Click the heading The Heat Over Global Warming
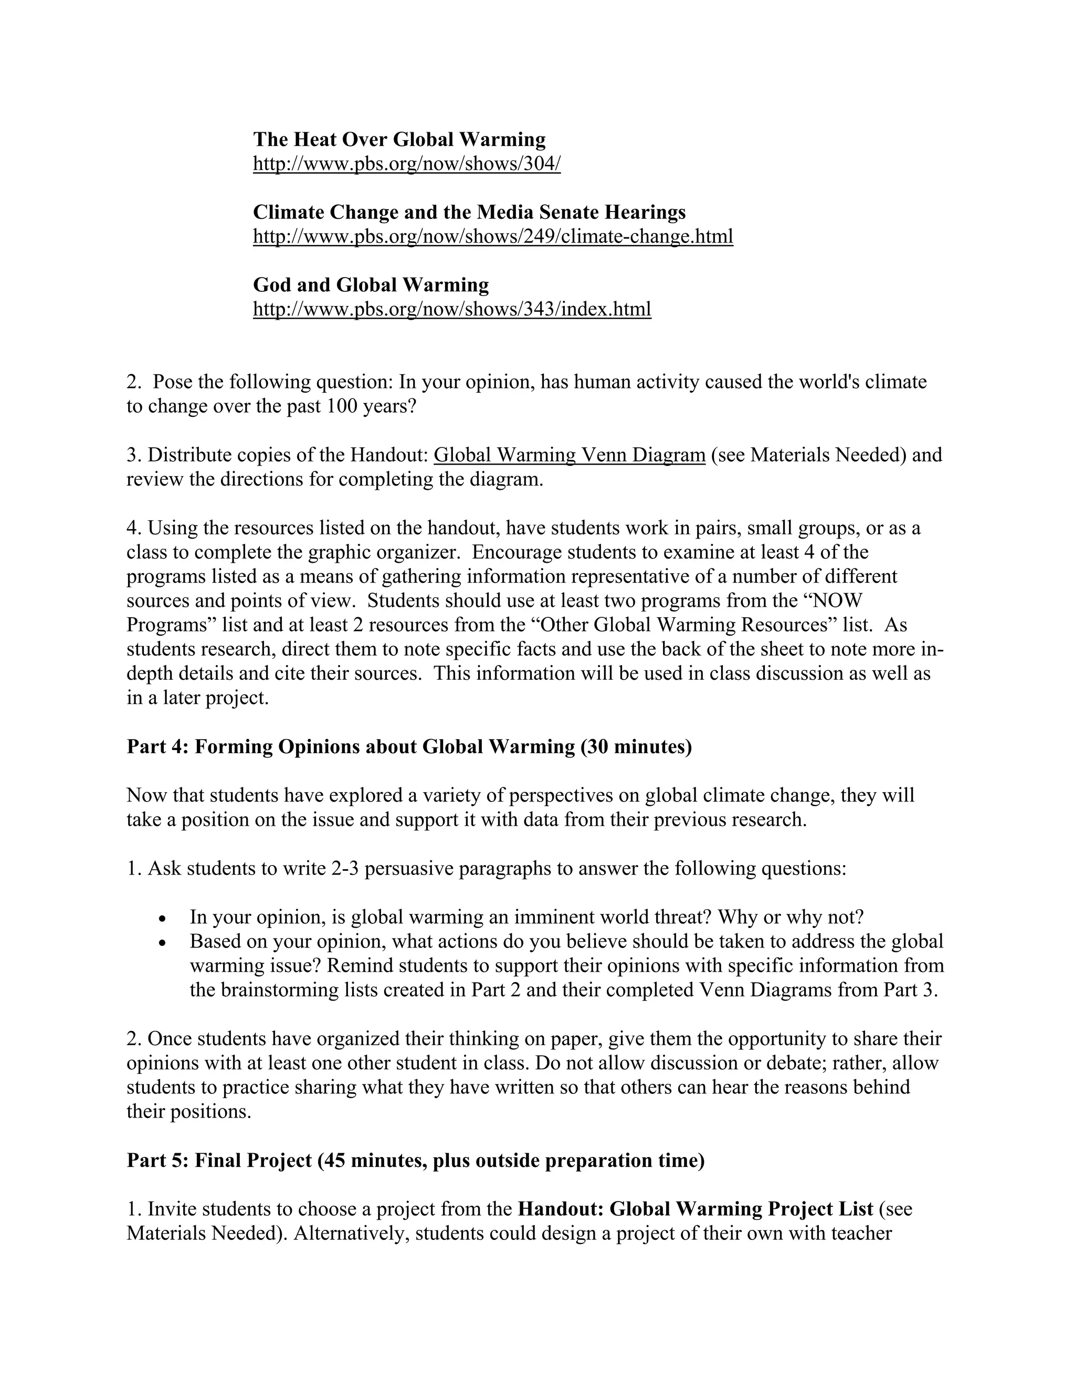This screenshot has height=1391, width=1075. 399,140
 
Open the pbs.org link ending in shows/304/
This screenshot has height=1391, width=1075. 407,164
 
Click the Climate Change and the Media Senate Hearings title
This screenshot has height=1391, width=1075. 469,212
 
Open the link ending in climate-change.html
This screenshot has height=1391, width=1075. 493,236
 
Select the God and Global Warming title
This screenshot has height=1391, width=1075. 371,284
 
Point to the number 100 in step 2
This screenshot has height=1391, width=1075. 343,406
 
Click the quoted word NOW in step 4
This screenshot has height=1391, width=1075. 838,600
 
